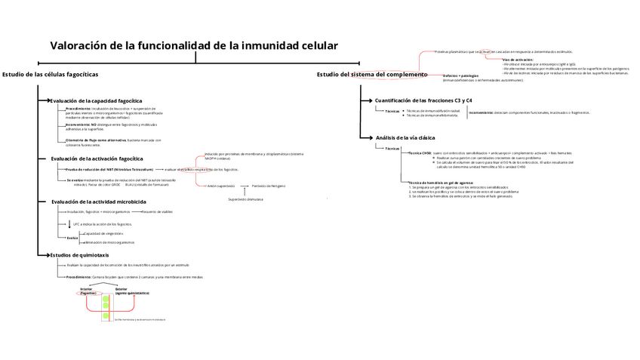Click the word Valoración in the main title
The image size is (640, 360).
click(x=78, y=45)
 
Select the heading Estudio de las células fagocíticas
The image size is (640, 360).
click(x=50, y=74)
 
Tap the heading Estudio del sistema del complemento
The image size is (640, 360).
click(x=371, y=75)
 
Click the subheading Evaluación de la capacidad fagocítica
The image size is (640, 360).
click(x=96, y=100)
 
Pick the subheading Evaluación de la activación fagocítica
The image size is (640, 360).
click(x=97, y=158)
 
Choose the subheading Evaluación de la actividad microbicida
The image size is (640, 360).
click(x=99, y=202)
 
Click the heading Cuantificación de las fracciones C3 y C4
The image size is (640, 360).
click(x=423, y=100)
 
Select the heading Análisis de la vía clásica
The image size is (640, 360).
click(x=405, y=137)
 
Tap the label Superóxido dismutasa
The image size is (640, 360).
click(x=245, y=199)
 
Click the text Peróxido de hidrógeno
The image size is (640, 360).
click(x=269, y=185)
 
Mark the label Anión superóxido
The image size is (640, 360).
click(x=221, y=185)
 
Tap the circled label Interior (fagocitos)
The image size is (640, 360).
click(x=88, y=291)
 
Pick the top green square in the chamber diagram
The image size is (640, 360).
click(x=106, y=300)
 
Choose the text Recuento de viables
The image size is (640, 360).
click(x=157, y=212)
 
